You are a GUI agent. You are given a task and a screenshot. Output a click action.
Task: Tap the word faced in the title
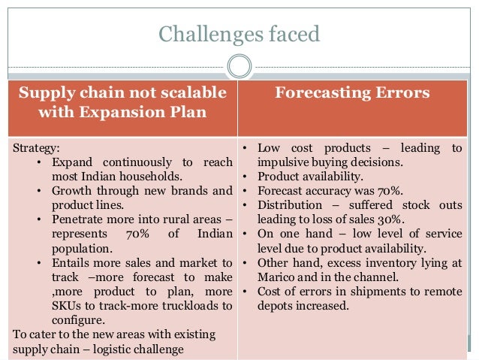coord(294,34)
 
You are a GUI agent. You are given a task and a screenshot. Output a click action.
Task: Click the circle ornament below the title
coord(239,66)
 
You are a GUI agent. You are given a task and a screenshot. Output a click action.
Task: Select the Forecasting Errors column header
coord(352,93)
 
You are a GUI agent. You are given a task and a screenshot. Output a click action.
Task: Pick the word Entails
coord(71,262)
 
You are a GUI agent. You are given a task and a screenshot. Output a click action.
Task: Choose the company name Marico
coord(276,277)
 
